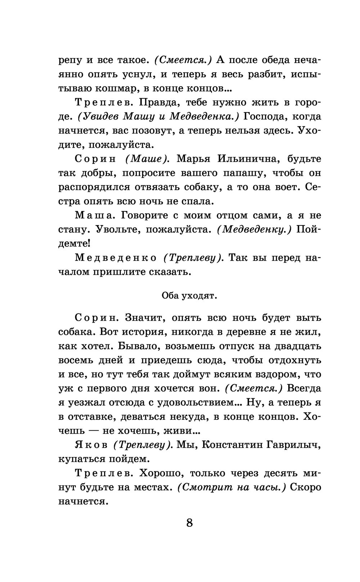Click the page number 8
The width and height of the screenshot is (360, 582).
tap(190, 523)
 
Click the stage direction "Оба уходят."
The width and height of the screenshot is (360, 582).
tap(189, 296)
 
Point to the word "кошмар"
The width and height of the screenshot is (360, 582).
tap(112, 88)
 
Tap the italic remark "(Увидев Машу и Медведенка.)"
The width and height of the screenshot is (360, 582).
tap(159, 117)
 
